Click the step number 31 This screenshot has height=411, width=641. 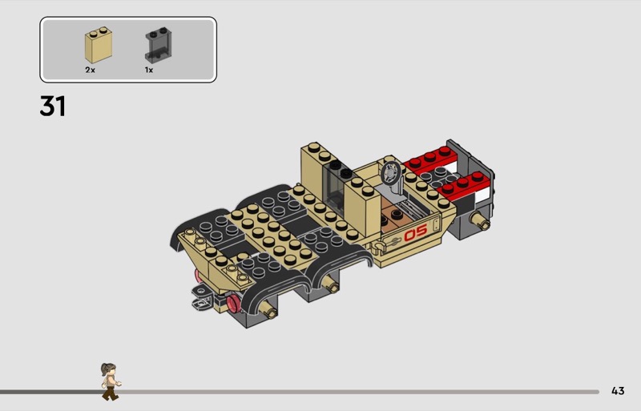click(x=52, y=106)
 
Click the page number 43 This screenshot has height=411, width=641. click(x=618, y=391)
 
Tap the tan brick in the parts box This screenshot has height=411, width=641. click(x=99, y=45)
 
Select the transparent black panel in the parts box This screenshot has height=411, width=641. click(x=158, y=45)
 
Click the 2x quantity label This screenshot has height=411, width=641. click(x=90, y=70)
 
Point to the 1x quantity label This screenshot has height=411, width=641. click(x=149, y=70)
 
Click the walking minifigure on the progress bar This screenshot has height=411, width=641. click(x=111, y=381)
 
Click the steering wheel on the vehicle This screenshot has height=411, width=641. click(x=391, y=173)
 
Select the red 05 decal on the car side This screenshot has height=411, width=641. click(x=416, y=232)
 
